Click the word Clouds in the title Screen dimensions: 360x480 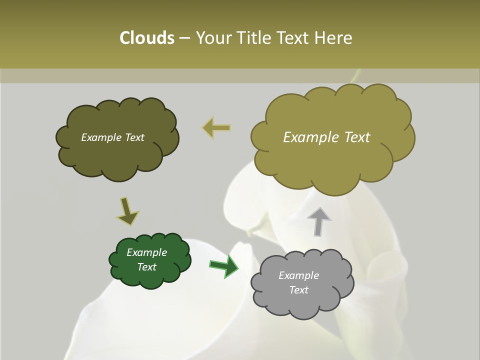(x=146, y=38)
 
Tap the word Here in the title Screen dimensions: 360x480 (x=334, y=38)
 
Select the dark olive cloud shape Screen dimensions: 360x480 (x=117, y=155)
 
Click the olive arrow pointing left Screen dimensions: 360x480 (x=217, y=128)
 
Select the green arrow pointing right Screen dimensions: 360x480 (x=224, y=266)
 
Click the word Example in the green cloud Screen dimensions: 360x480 (x=146, y=252)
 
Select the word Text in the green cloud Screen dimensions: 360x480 (x=147, y=267)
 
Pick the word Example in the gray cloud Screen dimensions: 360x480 (x=298, y=275)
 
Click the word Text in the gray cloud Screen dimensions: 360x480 (x=299, y=290)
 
